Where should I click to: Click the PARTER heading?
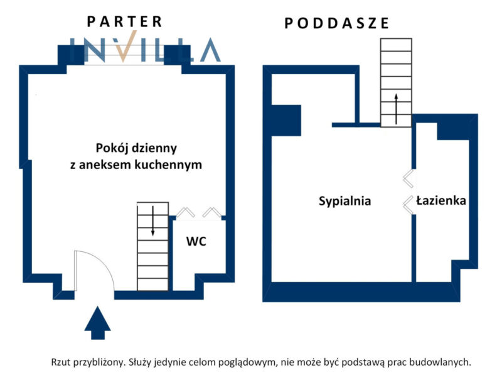point(124,21)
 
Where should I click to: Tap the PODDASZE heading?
point(337,24)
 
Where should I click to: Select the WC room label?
point(196,241)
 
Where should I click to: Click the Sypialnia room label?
point(344,201)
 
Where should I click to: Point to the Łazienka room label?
point(441,201)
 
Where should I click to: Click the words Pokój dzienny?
point(136,149)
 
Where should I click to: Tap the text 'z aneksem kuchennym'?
point(136,165)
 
